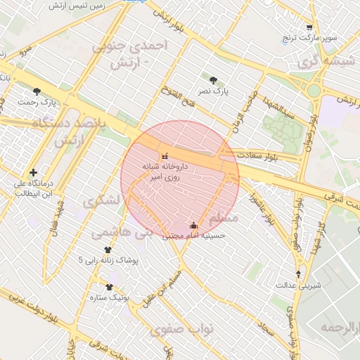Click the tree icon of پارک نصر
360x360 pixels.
click(x=214, y=79)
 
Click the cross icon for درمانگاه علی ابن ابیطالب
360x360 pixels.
click(x=33, y=172)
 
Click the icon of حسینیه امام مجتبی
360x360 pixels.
click(x=194, y=225)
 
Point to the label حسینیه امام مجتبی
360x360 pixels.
click(x=194, y=236)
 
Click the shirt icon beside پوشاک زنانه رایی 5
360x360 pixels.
click(x=108, y=250)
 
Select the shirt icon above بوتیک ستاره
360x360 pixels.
click(x=109, y=287)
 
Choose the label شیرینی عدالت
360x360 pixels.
click(x=300, y=285)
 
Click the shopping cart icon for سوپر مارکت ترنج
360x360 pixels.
click(x=309, y=27)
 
